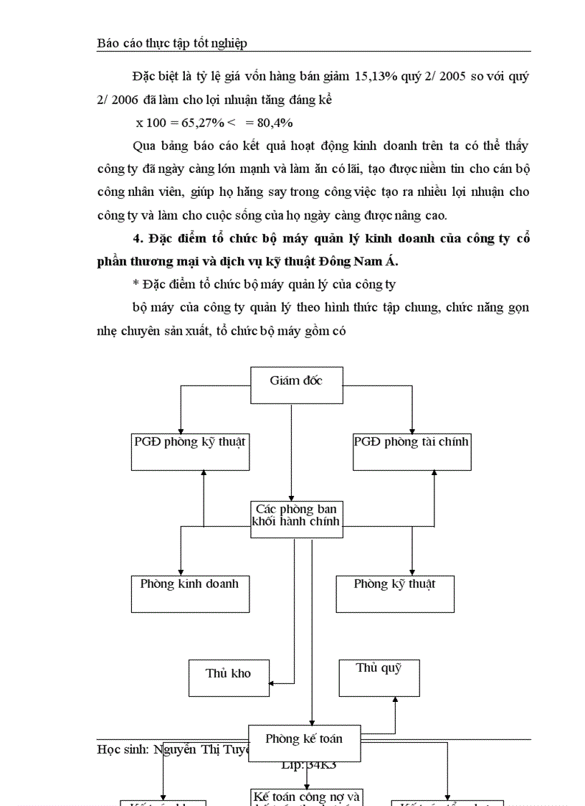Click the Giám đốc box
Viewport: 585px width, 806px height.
click(x=296, y=385)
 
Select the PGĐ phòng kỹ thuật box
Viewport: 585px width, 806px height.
click(x=190, y=451)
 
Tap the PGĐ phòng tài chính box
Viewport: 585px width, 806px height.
click(x=412, y=451)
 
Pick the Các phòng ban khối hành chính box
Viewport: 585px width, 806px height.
click(x=296, y=518)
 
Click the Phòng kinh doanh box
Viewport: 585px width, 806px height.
click(x=190, y=593)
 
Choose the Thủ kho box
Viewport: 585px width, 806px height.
click(x=229, y=678)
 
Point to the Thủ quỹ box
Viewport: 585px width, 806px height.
click(x=379, y=678)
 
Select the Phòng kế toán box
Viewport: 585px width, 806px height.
click(x=304, y=743)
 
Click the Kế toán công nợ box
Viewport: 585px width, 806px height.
click(x=307, y=797)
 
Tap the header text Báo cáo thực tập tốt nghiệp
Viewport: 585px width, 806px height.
click(x=172, y=43)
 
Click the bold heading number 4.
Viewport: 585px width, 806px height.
click(x=137, y=239)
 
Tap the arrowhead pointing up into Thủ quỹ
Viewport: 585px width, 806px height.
click(x=395, y=700)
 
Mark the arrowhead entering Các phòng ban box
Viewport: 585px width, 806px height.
click(x=291, y=497)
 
